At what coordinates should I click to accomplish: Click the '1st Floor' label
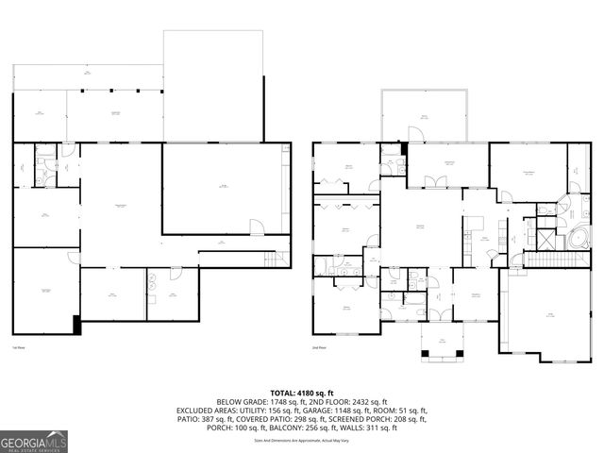point(17,348)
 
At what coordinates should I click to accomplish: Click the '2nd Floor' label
point(319,348)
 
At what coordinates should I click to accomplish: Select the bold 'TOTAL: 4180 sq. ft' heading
point(302,393)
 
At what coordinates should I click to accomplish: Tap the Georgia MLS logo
point(34,440)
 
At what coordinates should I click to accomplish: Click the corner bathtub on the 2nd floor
point(576,235)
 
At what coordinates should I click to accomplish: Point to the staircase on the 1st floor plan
point(273,258)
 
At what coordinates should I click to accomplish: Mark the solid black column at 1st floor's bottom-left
point(75,325)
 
